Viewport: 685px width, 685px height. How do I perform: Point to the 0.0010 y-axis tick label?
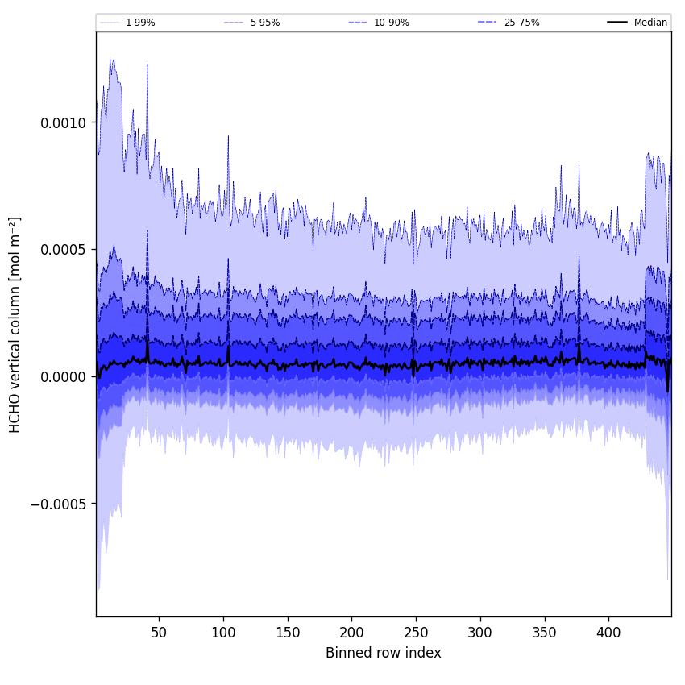click(62, 122)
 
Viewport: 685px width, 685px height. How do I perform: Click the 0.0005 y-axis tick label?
click(62, 250)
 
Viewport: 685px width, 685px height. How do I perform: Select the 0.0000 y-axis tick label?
click(62, 377)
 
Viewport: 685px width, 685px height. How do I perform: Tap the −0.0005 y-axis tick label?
click(60, 504)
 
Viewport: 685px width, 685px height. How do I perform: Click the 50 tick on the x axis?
click(159, 633)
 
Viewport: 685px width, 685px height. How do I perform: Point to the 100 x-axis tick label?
click(223, 633)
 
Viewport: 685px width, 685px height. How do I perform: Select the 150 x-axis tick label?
click(288, 633)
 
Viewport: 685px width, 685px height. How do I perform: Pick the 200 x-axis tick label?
click(351, 633)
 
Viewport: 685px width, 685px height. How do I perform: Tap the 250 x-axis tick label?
click(416, 633)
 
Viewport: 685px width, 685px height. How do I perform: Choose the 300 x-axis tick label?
click(480, 633)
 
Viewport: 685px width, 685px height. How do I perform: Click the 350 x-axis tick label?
click(545, 633)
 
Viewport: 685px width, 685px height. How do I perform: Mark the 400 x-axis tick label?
click(608, 633)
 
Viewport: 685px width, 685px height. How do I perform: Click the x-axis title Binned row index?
click(384, 653)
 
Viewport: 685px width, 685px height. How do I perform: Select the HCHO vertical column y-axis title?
click(15, 324)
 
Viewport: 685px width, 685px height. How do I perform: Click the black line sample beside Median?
click(617, 23)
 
